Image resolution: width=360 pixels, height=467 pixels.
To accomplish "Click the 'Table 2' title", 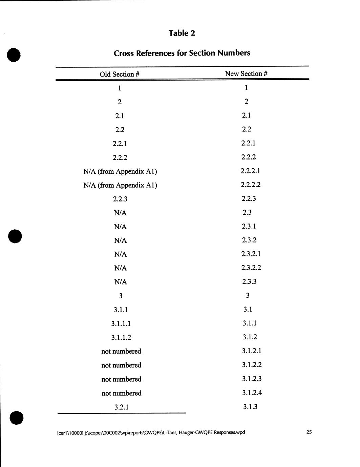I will [182, 33].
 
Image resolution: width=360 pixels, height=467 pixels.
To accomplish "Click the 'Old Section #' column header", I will [120, 74].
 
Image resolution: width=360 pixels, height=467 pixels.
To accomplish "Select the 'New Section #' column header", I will [246, 73].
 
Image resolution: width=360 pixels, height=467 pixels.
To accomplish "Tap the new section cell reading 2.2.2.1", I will [251, 171].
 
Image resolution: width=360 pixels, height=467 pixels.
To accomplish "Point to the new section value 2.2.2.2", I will [251, 185].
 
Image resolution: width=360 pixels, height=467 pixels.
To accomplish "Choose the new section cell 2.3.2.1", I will [251, 254].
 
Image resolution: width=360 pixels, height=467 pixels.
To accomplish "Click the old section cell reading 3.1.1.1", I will [121, 323].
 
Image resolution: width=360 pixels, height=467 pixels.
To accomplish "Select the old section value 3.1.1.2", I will [121, 337].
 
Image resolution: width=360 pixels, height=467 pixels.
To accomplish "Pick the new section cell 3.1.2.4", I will [252, 392].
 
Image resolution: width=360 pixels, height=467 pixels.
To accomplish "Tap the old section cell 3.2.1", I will [121, 407].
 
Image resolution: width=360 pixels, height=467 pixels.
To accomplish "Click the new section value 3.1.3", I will [250, 406].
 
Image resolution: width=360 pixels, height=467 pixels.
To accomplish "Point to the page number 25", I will [309, 432].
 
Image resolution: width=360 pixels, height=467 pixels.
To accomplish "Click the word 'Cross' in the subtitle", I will [124, 53].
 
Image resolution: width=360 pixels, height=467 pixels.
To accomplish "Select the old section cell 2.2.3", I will [120, 199].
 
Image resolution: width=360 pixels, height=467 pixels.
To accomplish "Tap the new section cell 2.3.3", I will [249, 281].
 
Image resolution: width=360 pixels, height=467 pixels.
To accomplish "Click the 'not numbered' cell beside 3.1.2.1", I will [121, 351].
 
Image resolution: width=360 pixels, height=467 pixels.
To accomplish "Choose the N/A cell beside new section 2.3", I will [121, 213].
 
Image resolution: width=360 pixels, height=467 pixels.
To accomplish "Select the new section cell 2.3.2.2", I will [251, 268].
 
